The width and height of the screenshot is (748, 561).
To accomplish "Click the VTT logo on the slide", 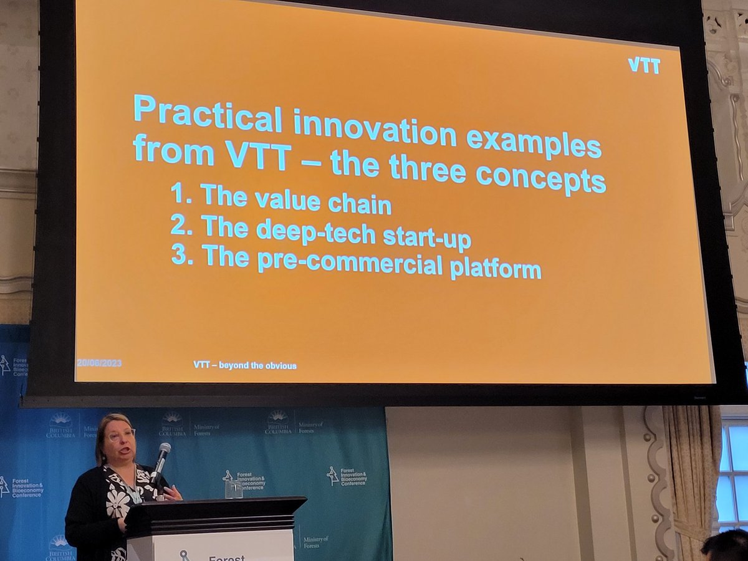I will click(x=643, y=65).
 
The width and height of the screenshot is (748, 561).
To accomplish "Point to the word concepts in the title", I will click(x=540, y=178).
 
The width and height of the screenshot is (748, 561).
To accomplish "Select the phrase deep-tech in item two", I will click(x=316, y=233).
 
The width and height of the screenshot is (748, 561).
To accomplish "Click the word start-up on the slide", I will click(x=427, y=239).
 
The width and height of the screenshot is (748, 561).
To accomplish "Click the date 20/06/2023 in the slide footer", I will click(x=99, y=363).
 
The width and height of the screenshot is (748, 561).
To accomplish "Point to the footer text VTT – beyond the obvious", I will click(x=245, y=365).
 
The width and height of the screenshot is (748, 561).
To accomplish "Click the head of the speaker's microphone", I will click(x=164, y=449).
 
